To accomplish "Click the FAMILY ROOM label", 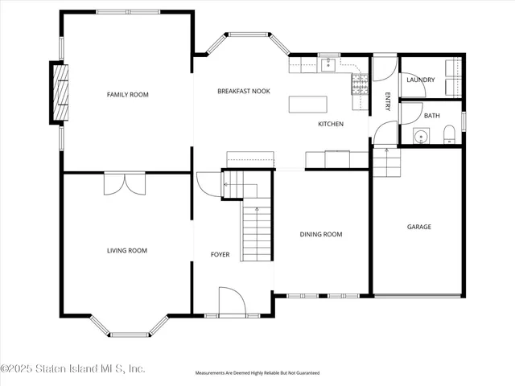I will tap(128, 95).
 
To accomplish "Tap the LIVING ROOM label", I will tap(127, 250).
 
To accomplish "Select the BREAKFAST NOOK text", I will tap(243, 91).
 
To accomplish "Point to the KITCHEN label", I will tap(331, 124).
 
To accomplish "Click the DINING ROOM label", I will tap(321, 235).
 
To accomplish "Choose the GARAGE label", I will tap(418, 227).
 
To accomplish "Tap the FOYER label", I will tap(220, 255).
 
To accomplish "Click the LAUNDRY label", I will tap(421, 80).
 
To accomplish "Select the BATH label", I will tap(432, 116).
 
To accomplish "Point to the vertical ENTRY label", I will tap(387, 101).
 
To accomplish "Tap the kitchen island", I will tap(310, 104).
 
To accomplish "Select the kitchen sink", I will tap(328, 64).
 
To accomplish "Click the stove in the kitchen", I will tap(358, 80).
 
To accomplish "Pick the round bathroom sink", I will tap(420, 137).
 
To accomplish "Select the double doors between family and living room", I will tap(126, 183).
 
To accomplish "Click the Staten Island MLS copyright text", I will tap(72, 369).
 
